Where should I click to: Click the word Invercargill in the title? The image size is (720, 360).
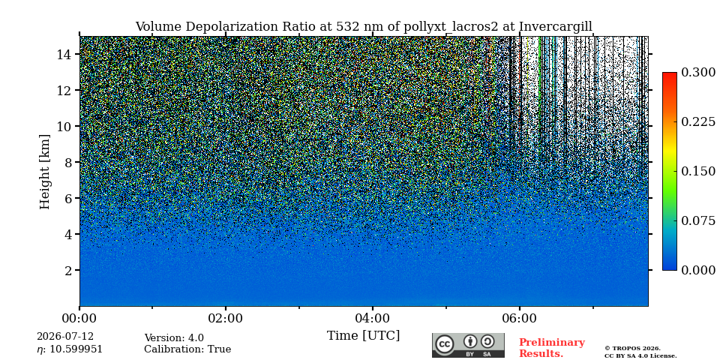tap(556, 27)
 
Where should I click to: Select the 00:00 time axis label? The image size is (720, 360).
tap(79, 318)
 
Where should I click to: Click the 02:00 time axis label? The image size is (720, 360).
tap(226, 318)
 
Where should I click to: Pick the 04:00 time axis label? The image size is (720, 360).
tap(373, 318)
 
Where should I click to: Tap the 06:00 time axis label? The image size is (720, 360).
tap(519, 318)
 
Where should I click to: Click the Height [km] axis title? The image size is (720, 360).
tap(44, 172)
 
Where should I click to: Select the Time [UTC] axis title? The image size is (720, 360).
tap(363, 336)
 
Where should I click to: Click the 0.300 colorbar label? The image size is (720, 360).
tap(698, 72)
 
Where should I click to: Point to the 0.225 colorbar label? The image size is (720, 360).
tap(698, 121)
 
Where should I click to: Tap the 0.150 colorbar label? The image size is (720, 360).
tap(698, 171)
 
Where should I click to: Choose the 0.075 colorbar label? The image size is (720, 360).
tap(698, 220)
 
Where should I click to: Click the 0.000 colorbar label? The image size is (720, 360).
tap(698, 271)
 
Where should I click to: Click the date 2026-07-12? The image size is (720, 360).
tap(65, 337)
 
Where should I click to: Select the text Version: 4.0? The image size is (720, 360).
tap(174, 338)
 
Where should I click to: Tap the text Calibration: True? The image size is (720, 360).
tap(187, 349)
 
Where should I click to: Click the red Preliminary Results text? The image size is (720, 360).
tap(552, 348)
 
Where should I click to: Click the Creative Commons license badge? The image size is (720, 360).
tap(468, 345)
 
